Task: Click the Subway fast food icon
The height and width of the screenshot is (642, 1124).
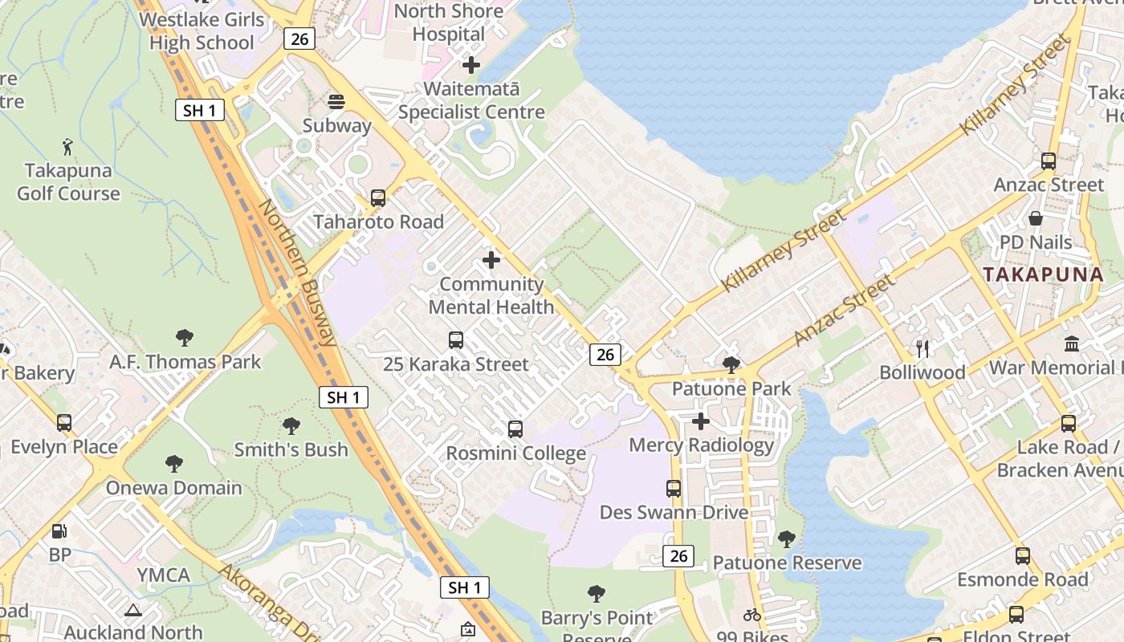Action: coord(336,102)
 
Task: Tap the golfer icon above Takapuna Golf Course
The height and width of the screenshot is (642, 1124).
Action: coord(68,147)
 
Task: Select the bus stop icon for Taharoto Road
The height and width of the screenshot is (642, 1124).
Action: coord(377,198)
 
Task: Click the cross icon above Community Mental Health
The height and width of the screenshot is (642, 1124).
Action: coord(491,260)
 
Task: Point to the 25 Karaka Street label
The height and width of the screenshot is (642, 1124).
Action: coord(455,364)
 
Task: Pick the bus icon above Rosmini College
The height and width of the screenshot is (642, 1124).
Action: coord(515,429)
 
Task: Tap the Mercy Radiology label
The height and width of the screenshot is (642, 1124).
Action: coord(701,445)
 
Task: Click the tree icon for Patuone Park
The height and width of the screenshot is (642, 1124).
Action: coord(731,365)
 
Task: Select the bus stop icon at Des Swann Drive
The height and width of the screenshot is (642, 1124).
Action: coord(674,488)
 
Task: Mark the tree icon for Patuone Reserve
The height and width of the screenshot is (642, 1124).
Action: coord(787,539)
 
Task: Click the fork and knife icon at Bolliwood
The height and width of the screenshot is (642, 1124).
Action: coord(922,348)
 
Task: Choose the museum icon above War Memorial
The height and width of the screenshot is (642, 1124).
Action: coord(1072,343)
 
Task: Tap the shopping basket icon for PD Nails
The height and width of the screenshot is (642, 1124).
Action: coord(1036,218)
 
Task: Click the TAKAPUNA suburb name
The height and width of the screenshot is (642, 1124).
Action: coord(1043,274)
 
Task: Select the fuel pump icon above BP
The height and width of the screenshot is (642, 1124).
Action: coord(59,530)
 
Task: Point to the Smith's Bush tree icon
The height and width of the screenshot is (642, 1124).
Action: coord(291,426)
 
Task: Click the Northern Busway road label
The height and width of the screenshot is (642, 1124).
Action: coord(297,273)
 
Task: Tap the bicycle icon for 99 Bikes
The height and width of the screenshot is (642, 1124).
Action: coord(752,616)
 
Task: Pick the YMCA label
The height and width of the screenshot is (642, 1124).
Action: coord(163,575)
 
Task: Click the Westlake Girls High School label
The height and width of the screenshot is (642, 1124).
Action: coord(202,30)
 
